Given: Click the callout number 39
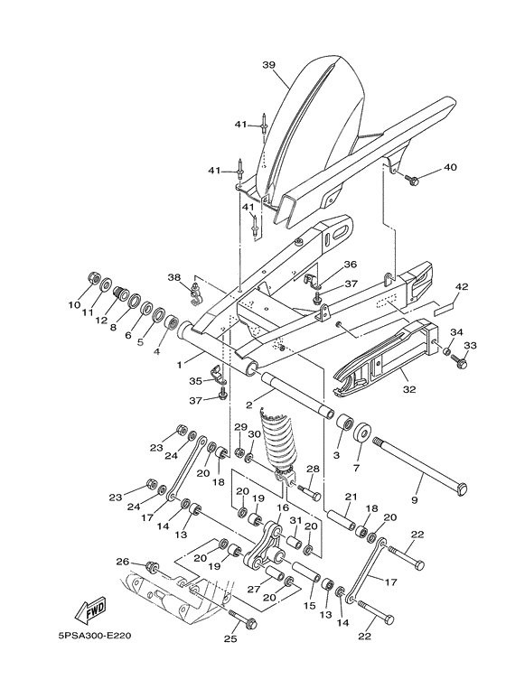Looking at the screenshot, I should point(268,65).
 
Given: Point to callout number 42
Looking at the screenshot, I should point(461,287).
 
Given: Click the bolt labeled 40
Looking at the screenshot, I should point(413,181).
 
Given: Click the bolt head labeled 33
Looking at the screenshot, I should point(461,363).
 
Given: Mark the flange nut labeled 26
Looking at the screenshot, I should point(152,569).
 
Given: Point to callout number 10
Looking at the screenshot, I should point(74,305).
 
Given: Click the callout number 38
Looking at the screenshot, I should point(174,277).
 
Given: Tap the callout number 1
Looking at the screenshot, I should point(179,365).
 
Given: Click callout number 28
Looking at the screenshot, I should point(313,469).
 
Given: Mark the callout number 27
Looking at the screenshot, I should point(241,590).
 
